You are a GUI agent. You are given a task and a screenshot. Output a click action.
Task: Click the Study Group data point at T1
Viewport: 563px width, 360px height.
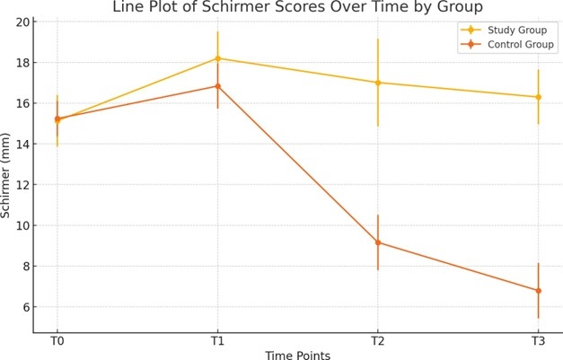[217, 58]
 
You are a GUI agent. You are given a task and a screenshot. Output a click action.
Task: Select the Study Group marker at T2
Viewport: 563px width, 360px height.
[378, 83]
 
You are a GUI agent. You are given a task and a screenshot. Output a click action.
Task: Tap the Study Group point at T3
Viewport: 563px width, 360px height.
[538, 97]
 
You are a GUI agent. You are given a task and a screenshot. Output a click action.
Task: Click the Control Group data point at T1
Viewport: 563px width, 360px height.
[217, 86]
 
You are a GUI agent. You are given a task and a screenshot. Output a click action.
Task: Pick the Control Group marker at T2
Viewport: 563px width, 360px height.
[378, 242]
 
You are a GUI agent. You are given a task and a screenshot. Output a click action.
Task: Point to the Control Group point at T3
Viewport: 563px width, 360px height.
[538, 291]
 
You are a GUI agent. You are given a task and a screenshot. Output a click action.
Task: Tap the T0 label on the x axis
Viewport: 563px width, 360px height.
[57, 341]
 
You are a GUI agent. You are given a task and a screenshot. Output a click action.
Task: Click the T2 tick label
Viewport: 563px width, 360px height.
[378, 341]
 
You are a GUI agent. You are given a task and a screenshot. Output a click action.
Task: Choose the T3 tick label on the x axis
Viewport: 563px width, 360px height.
[538, 341]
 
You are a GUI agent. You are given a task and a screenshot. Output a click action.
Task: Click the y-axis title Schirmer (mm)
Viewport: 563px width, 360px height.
[8, 177]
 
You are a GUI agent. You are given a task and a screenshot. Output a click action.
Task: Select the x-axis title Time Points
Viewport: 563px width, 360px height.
[297, 355]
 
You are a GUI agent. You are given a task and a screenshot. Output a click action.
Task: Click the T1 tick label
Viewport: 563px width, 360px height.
[217, 341]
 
